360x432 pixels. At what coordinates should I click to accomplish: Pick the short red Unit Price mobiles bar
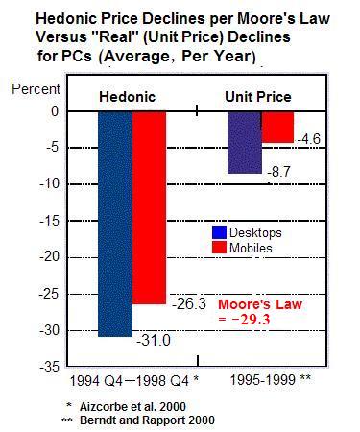(x=276, y=127)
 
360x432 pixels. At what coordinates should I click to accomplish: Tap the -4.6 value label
(x=308, y=140)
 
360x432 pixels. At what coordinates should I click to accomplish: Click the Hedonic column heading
(x=129, y=97)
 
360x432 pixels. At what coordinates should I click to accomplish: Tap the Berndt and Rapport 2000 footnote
(x=145, y=420)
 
